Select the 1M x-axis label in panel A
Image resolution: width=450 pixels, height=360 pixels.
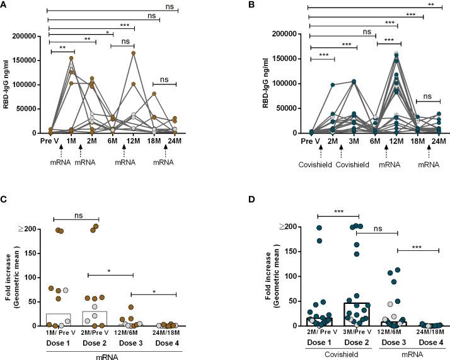[72, 141]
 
